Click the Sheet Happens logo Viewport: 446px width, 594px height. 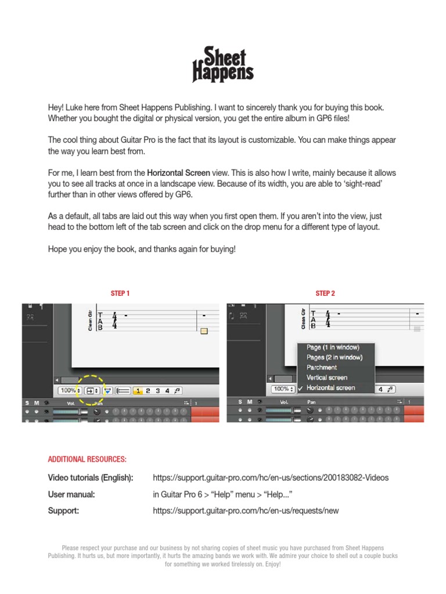click(223, 65)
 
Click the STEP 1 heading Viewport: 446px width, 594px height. click(120, 294)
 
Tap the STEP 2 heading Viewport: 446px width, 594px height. click(325, 294)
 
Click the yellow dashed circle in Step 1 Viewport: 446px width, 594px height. click(93, 390)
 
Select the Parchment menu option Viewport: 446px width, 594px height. click(322, 368)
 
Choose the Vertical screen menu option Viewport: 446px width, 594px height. click(327, 378)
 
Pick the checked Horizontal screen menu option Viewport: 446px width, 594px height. click(331, 388)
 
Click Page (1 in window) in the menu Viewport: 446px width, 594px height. click(333, 347)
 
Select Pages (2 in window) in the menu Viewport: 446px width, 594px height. click(334, 357)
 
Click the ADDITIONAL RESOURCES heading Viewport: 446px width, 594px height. click(87, 459)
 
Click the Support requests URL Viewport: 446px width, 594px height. click(246, 511)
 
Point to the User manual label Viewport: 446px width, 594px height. click(71, 495)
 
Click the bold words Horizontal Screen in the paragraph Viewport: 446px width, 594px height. click(178, 173)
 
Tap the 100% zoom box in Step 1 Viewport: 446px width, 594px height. click(70, 391)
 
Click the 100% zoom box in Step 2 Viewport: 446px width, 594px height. click(282, 389)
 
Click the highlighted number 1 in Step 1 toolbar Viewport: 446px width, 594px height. click(138, 391)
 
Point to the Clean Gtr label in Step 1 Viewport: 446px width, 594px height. click(90, 319)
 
